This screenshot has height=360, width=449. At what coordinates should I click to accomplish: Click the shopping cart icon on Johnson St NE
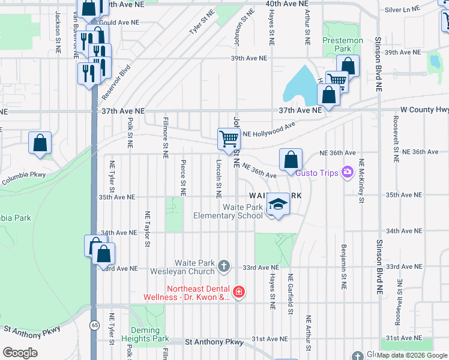tap(229, 139)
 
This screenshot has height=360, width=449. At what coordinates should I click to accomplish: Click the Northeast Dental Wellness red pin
tap(239, 292)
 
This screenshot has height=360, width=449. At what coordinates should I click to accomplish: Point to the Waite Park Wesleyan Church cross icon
tap(224, 266)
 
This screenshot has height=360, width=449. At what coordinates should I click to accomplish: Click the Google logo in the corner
tap(20, 352)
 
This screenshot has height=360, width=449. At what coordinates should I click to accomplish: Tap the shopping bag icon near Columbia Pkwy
tap(40, 143)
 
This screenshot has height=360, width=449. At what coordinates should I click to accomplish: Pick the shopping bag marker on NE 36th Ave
tap(291, 160)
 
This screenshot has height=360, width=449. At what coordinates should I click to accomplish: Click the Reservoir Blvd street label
tap(116, 82)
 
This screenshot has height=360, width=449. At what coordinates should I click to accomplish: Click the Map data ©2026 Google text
tap(412, 355)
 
